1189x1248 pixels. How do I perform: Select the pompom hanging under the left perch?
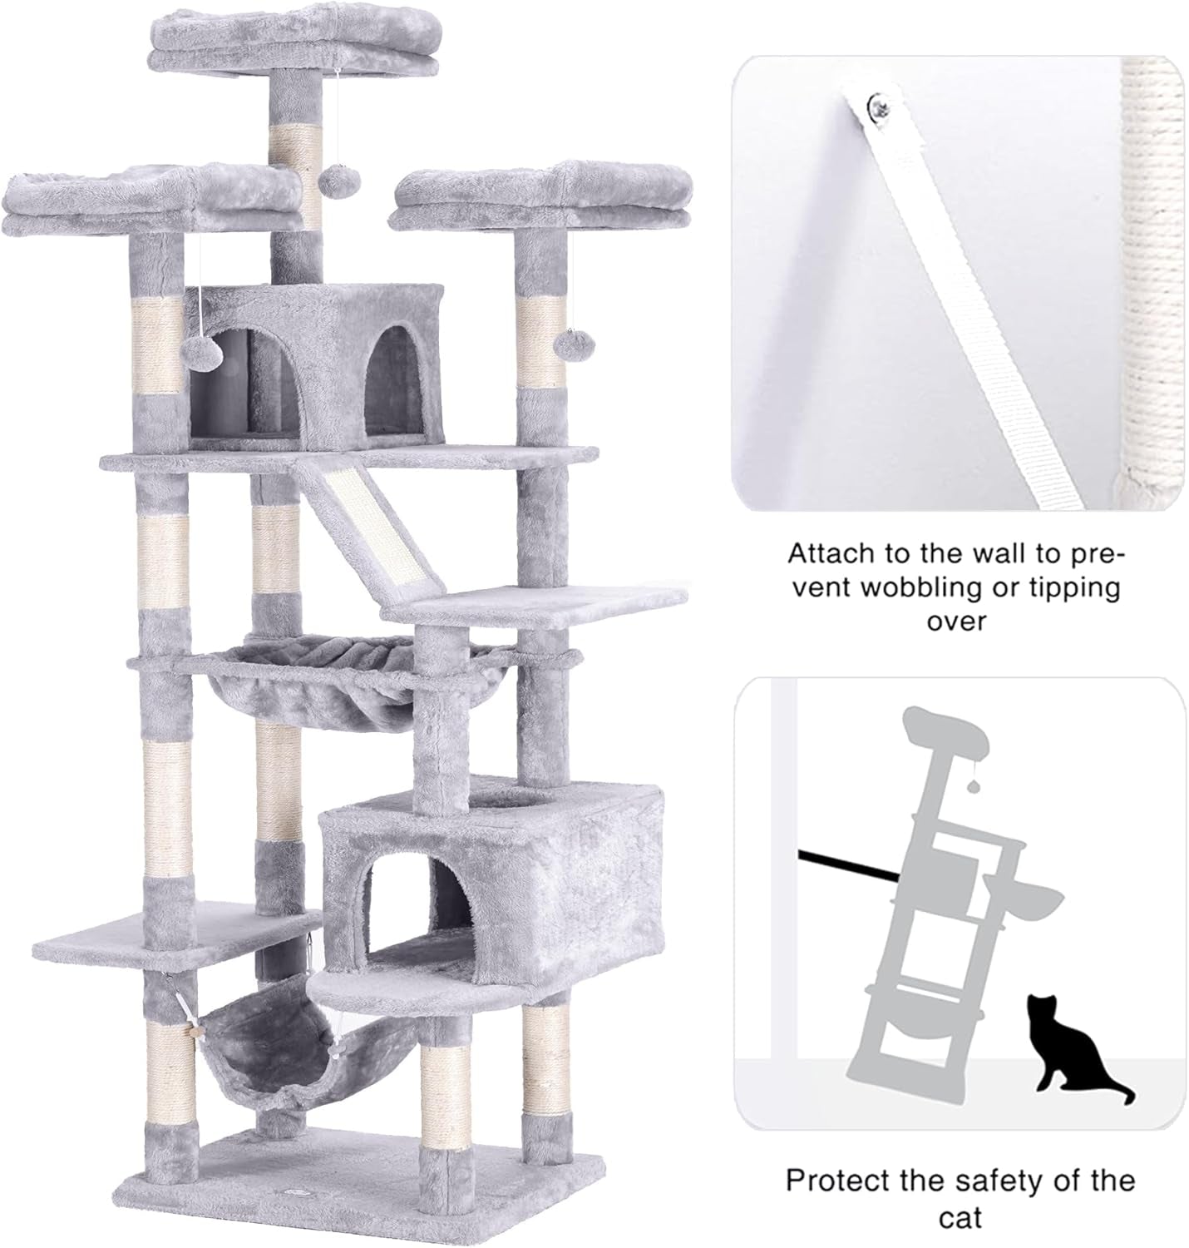(202, 352)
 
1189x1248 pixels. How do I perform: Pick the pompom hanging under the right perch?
(569, 346)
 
